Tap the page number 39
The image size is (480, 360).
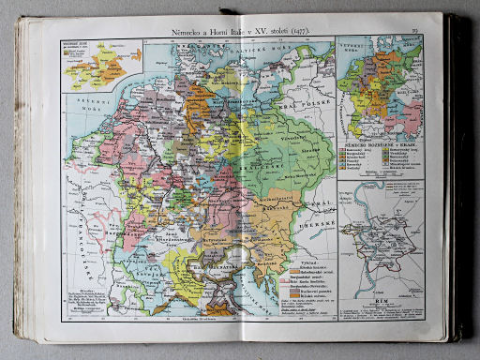412,32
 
